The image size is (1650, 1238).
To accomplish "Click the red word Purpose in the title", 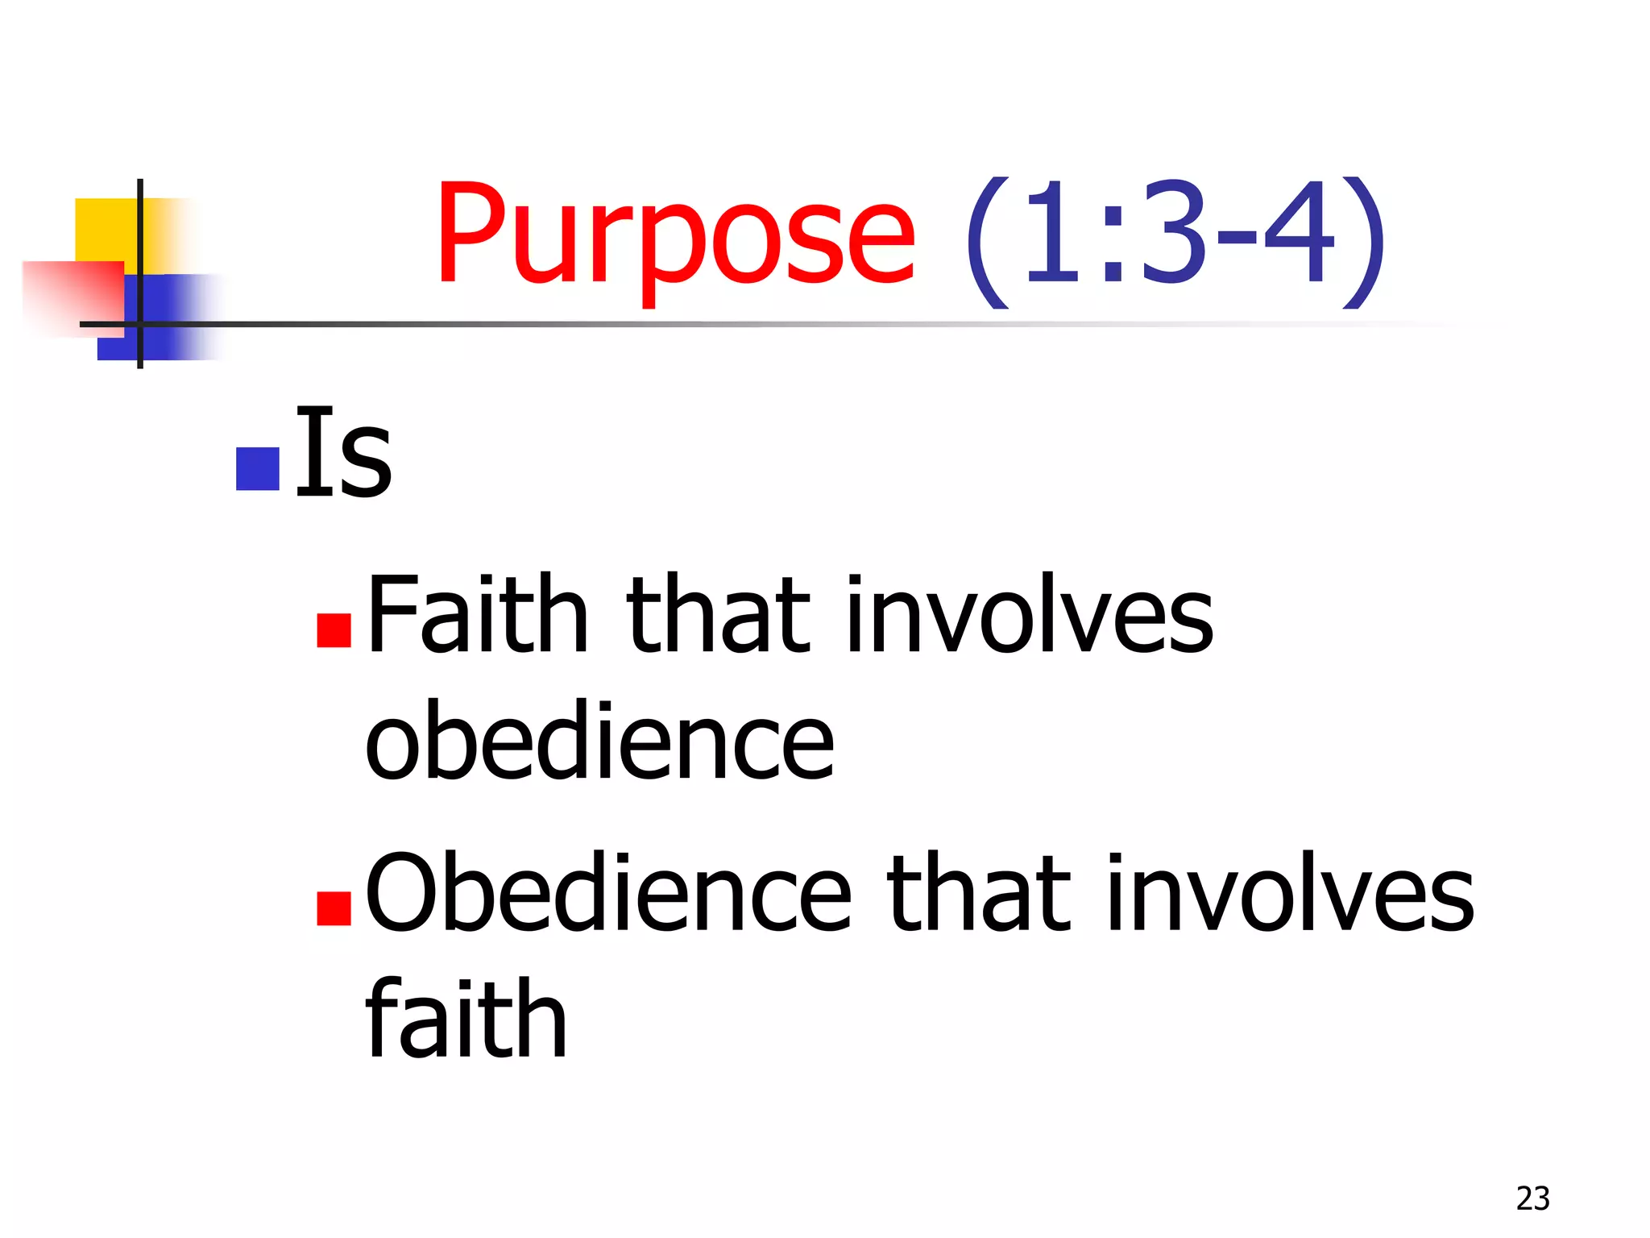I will coord(675,236).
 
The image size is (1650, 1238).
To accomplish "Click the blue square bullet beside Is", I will coord(257,469).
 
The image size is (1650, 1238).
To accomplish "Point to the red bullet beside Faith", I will coord(334,630).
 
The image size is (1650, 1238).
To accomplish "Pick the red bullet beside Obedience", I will coord(334,908).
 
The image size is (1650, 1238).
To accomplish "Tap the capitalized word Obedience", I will coord(608,892).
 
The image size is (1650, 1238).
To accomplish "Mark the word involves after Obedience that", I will coord(1291,892).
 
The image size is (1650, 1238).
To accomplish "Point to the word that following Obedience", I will coord(979,892).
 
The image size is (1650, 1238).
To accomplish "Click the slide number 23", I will coord(1532,1199).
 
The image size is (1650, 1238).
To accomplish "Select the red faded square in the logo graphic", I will coord(73,297).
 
